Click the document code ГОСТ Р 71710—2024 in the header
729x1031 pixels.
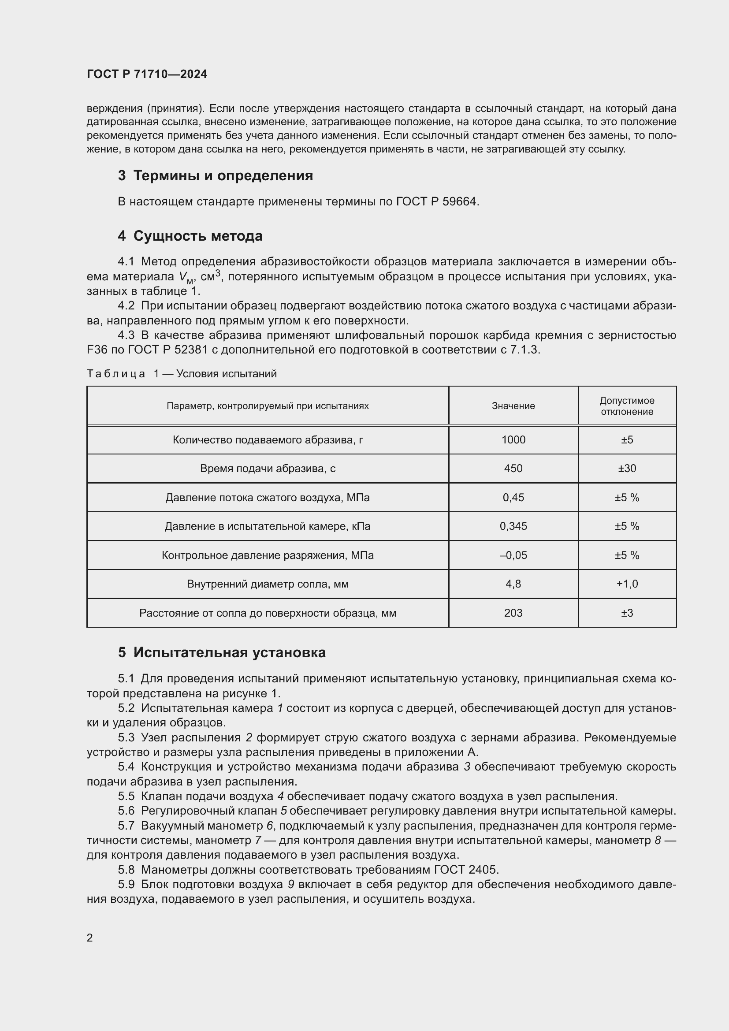coord(147,74)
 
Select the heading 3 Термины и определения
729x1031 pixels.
coord(215,175)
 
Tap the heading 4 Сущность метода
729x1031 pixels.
coord(190,236)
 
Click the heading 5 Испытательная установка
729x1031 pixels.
coord(222,652)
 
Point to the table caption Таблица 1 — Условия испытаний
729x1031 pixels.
coord(181,374)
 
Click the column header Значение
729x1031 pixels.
coord(513,406)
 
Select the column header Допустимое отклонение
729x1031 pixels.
coord(627,406)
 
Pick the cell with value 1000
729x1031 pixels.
coord(513,440)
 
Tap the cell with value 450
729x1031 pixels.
coord(513,469)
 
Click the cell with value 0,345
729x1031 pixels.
coord(513,526)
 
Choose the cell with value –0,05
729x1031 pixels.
coord(513,555)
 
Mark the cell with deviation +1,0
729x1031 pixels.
coord(627,584)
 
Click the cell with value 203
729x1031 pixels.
coord(513,613)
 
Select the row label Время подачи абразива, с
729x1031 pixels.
coord(268,469)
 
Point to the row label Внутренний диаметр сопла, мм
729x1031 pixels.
coord(268,584)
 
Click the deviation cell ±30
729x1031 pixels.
coord(627,469)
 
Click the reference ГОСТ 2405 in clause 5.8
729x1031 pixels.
coord(465,870)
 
